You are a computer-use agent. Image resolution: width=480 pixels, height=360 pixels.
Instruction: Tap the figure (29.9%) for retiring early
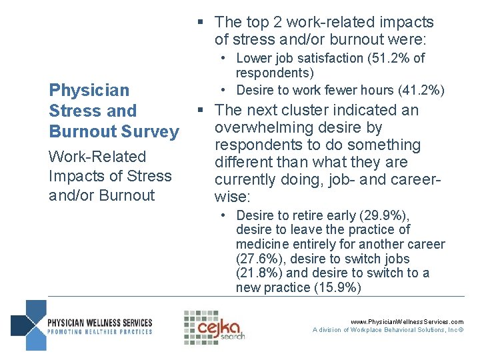385,215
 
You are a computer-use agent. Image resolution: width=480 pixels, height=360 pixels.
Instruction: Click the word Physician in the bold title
89,90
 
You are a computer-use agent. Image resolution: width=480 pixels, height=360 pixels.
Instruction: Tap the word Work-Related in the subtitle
97,157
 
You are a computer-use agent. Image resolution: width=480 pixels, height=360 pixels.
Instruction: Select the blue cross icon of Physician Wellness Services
29,325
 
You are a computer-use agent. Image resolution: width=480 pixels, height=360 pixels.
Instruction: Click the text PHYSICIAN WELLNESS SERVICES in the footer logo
100,323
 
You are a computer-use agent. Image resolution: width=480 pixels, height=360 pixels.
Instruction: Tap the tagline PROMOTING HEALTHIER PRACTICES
100,331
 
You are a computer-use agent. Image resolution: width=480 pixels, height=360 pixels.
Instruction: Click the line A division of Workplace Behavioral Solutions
389,330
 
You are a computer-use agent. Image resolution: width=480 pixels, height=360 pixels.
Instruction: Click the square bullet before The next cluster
199,110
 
